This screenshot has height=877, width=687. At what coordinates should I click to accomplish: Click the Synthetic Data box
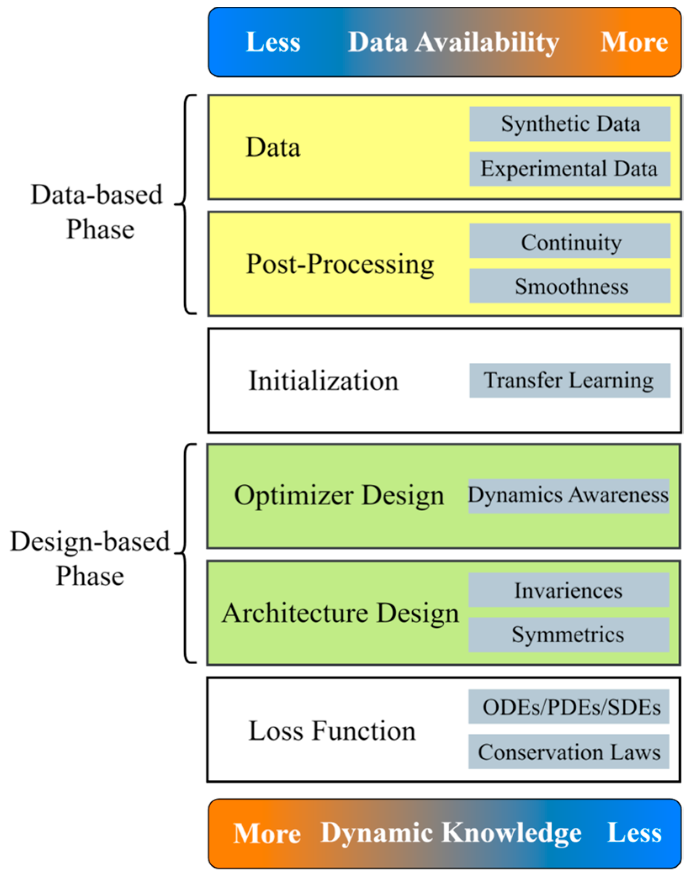point(570,124)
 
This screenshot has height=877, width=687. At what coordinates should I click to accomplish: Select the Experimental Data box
point(570,169)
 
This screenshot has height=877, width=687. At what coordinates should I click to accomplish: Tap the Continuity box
point(570,241)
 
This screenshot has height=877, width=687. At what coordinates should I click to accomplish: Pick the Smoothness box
point(570,286)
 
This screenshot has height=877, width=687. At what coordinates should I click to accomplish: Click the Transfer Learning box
point(570,380)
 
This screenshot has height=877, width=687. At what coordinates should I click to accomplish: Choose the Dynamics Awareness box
point(568,496)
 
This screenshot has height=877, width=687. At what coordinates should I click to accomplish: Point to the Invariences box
point(568,590)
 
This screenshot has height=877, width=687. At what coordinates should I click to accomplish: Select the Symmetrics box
point(568,635)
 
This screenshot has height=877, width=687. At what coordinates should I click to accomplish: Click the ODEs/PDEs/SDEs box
point(568,707)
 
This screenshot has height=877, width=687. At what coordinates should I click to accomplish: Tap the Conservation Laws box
point(568,752)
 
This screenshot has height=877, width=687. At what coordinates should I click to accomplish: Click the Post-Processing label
point(340,264)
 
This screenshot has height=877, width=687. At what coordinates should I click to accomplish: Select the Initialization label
point(323,381)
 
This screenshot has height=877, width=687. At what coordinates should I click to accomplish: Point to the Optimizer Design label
point(339,496)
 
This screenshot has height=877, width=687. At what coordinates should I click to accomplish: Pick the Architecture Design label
point(340,613)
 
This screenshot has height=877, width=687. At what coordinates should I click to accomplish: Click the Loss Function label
point(332,731)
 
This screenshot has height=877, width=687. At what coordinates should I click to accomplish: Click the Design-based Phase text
point(90,558)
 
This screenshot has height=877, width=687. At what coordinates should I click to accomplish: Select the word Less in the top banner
point(273,42)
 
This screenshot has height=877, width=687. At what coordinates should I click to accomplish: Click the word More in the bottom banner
point(267,833)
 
